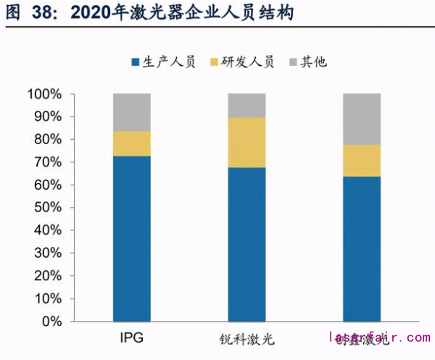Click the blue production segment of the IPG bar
pyautogui.click(x=132, y=239)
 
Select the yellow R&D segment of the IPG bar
pyautogui.click(x=132, y=143)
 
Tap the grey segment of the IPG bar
pyautogui.click(x=132, y=112)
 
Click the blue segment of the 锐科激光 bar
pyautogui.click(x=246, y=244)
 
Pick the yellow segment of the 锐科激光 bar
pyautogui.click(x=246, y=142)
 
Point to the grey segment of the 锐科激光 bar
pyautogui.click(x=246, y=106)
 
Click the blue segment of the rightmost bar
pyautogui.click(x=362, y=248)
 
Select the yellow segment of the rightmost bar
pyautogui.click(x=362, y=161)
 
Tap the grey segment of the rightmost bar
pyautogui.click(x=362, y=120)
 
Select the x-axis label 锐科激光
pyautogui.click(x=246, y=339)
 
